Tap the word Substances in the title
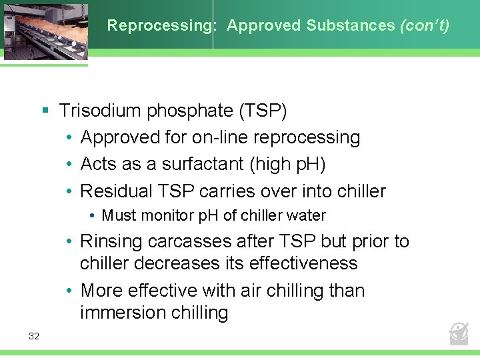[351, 26]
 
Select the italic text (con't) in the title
[425, 26]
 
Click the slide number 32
[34, 336]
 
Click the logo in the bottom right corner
[459, 333]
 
